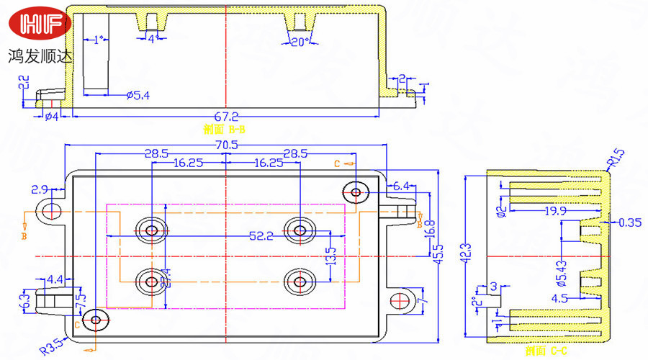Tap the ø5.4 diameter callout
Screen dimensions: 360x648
tap(138, 95)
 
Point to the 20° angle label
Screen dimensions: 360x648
tap(300, 42)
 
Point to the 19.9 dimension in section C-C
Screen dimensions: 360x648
tap(556, 210)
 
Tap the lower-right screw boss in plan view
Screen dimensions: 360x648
tap(300, 281)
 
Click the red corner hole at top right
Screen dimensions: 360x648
tap(355, 192)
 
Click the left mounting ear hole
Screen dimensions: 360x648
tap(51, 212)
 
